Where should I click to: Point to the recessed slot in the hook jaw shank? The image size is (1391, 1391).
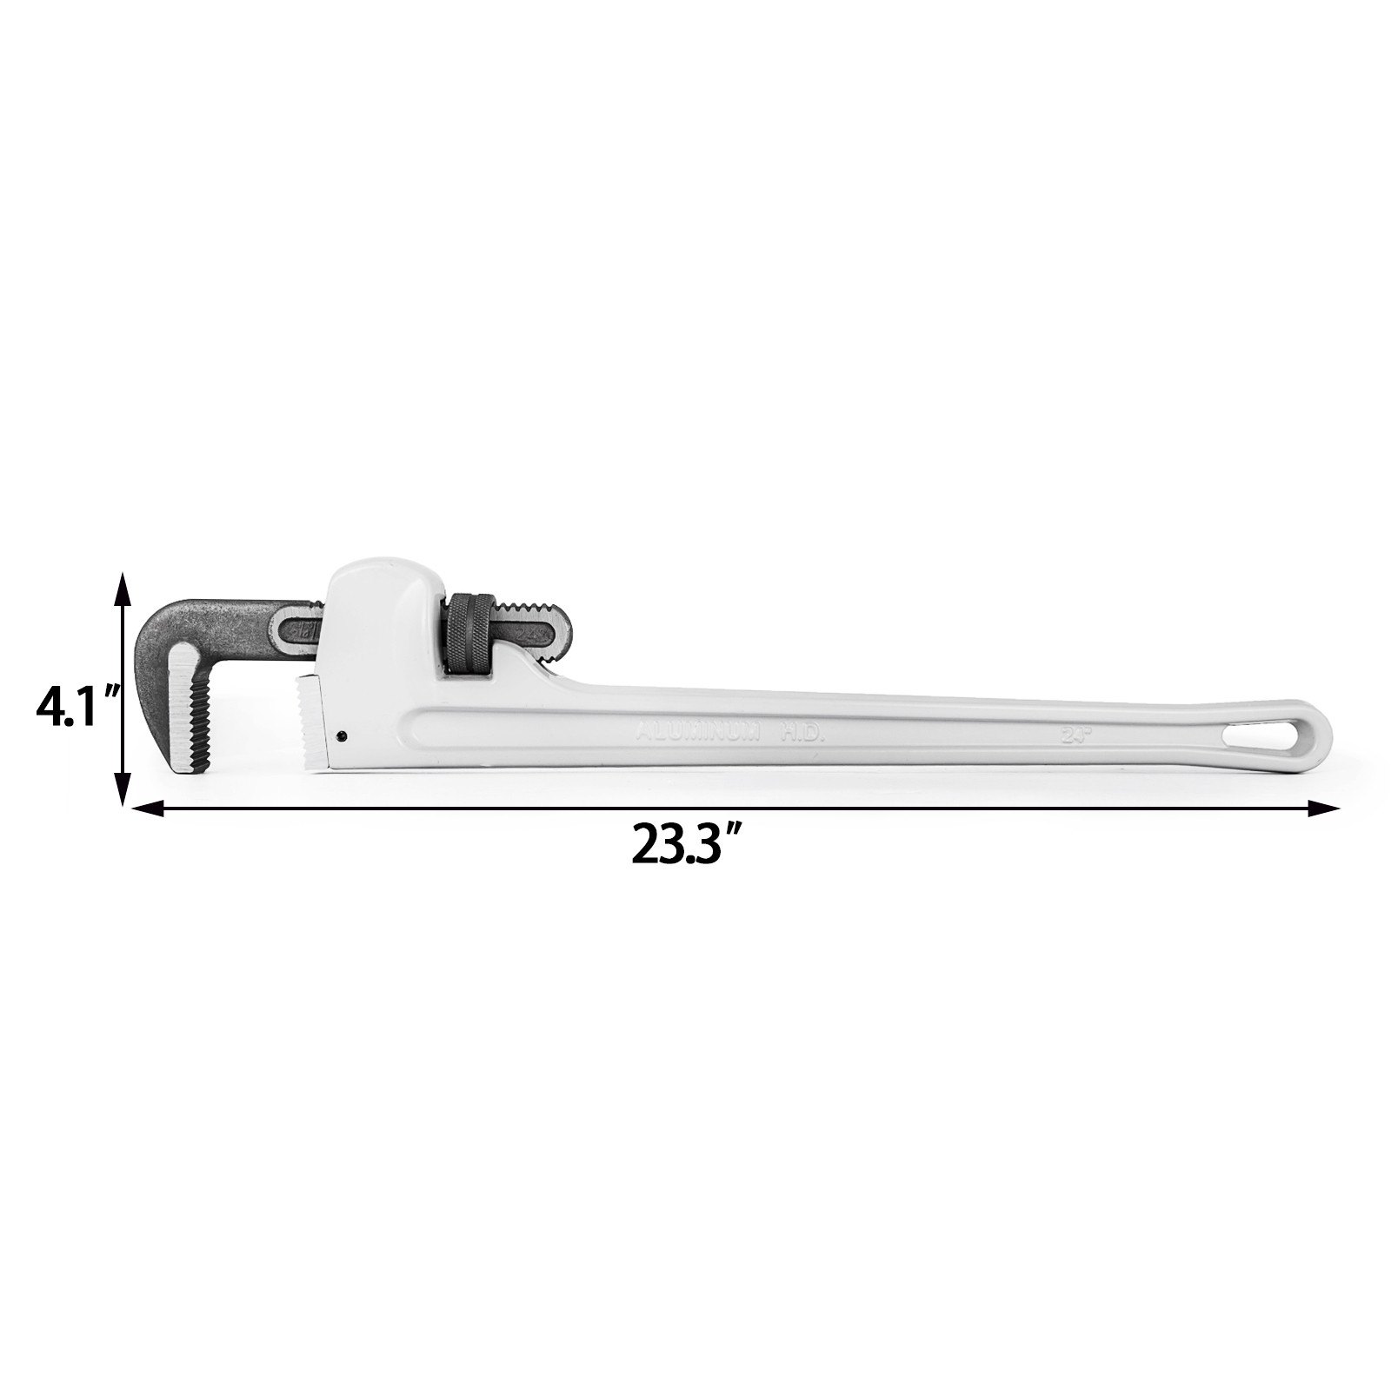click(300, 627)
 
